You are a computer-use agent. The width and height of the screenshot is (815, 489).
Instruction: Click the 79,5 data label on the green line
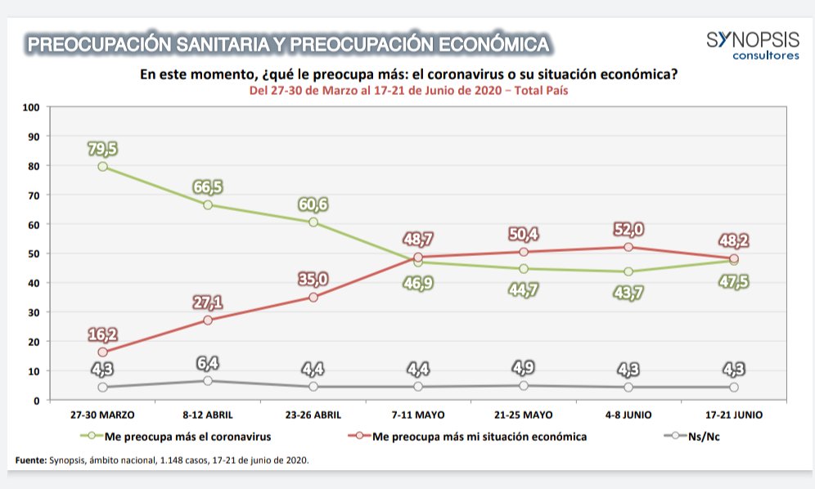(103, 149)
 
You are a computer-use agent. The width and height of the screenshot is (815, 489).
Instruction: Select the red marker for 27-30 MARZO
(103, 352)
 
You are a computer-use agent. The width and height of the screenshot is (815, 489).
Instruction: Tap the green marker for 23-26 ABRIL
(313, 222)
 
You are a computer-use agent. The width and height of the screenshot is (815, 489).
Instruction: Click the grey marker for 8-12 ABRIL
(208, 381)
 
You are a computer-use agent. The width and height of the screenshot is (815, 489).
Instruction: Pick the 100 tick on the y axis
(32, 107)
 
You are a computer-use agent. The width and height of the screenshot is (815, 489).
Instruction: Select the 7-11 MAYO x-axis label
(418, 415)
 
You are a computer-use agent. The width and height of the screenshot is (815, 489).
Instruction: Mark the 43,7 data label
(628, 291)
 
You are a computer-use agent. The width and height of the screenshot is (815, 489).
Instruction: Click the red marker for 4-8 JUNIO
(628, 247)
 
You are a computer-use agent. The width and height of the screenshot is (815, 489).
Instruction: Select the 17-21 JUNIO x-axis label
(733, 415)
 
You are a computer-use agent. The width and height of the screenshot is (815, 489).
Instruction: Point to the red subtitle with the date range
(408, 92)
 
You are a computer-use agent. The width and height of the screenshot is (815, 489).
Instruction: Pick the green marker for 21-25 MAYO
(524, 269)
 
